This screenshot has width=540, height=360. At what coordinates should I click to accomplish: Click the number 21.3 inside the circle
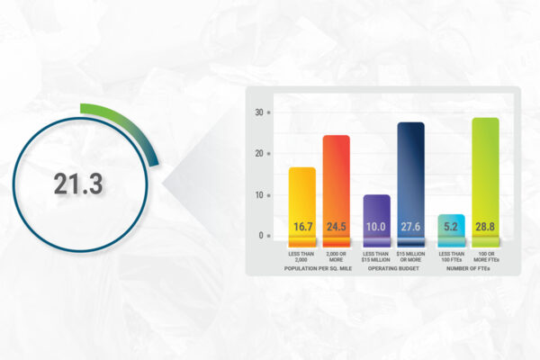tap(78, 184)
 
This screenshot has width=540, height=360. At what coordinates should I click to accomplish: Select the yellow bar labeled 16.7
tap(302, 207)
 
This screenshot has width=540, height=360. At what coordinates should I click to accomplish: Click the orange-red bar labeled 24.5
tap(336, 191)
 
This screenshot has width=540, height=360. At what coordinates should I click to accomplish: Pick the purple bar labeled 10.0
tap(377, 220)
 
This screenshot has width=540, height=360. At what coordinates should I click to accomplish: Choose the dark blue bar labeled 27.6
tap(411, 184)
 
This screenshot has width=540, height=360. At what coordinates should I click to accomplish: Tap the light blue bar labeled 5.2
tap(452, 230)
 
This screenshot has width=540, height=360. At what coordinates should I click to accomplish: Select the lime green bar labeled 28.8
tap(486, 182)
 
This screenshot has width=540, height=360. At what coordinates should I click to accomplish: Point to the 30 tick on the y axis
tap(259, 112)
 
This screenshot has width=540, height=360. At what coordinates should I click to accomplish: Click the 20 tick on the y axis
tap(259, 153)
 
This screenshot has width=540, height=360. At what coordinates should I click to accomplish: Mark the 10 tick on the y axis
tap(259, 195)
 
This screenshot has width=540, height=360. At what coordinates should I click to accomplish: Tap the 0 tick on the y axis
tap(261, 235)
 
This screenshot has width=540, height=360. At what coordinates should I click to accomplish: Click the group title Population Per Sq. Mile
tap(318, 268)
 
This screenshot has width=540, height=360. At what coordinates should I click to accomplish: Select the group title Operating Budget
tap(393, 268)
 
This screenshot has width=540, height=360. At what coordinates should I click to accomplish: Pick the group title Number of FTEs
tap(468, 268)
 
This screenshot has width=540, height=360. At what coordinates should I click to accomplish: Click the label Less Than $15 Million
tap(375, 256)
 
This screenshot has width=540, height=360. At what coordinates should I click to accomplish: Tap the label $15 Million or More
tap(410, 256)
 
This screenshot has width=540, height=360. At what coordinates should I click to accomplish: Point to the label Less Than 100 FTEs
tap(452, 256)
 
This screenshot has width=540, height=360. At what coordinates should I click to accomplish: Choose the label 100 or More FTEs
tap(486, 256)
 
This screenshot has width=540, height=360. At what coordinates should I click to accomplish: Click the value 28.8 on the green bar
tap(485, 227)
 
